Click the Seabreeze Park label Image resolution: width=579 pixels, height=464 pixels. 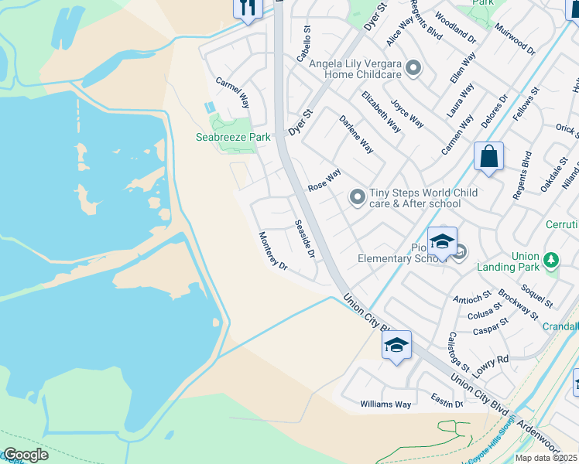coord(232,137)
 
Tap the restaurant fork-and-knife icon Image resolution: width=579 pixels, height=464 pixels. coord(247,9)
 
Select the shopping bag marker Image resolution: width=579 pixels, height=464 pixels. coord(488,156)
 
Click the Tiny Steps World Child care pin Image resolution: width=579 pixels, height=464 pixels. coord(357,198)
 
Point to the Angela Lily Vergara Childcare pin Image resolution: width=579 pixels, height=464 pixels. coord(413,69)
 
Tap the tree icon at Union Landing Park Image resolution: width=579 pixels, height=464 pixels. coord(551,261)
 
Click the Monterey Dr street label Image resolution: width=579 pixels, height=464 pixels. coord(272,251)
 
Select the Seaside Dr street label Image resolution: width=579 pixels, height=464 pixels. coord(305,239)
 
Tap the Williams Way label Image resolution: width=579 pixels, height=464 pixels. coord(385,404)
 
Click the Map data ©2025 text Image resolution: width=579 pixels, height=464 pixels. coord(544,458)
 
